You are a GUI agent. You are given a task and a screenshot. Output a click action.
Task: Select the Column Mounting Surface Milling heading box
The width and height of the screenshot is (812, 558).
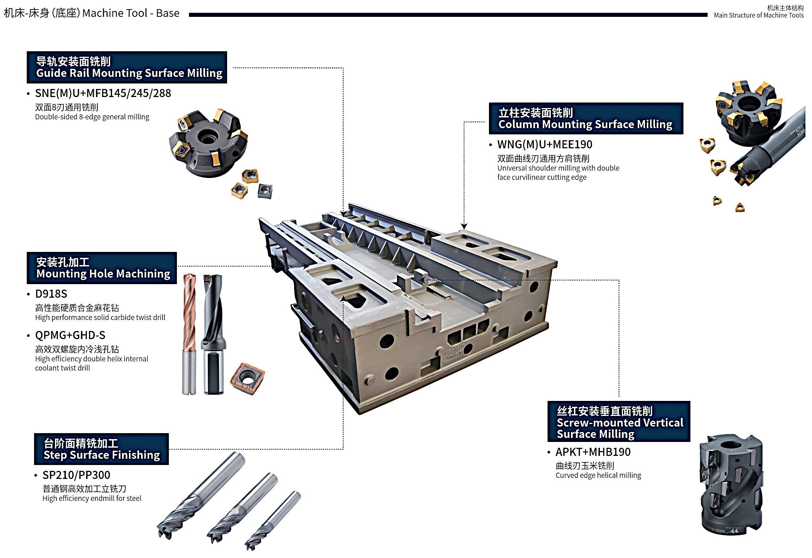[x=586, y=118]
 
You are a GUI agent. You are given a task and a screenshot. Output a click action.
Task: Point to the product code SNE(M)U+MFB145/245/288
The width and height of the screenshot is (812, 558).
[x=103, y=93]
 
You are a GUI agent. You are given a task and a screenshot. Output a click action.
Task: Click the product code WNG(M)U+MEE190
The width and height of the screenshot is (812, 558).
[x=545, y=145]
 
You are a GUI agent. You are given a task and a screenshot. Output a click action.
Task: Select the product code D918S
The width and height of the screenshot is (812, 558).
[x=51, y=294]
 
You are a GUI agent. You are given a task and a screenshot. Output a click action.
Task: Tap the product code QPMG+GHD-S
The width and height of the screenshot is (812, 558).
[x=70, y=335]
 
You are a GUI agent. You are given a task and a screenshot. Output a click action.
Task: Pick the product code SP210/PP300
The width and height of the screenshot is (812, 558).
[x=76, y=475]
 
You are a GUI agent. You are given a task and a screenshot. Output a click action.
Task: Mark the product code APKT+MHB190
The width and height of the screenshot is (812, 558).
[x=593, y=452]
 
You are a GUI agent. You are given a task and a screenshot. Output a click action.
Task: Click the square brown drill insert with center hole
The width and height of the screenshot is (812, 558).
[x=248, y=378]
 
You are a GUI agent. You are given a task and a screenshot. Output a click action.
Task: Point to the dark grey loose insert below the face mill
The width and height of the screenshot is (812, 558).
[x=265, y=191]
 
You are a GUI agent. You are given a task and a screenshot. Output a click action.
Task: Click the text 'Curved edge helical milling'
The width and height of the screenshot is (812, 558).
[x=598, y=475]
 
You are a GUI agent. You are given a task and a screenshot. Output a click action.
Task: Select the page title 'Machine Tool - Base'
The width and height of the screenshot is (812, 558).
[x=131, y=13]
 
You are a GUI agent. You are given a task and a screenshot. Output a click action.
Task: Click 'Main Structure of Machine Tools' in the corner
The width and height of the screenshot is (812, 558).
[x=759, y=15]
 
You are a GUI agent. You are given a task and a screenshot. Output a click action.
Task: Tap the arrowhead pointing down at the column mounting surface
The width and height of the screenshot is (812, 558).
[x=464, y=227]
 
